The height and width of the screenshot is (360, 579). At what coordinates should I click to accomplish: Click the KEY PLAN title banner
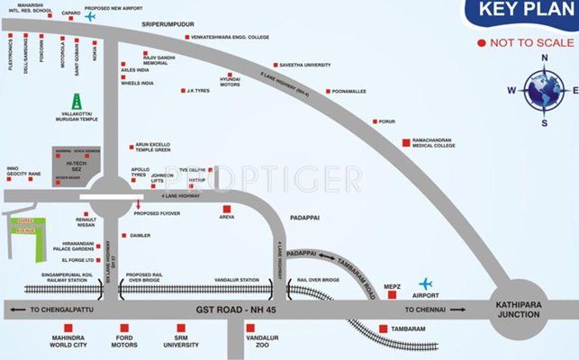pos(520,13)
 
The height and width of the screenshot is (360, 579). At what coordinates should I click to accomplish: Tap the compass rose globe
pos(545,89)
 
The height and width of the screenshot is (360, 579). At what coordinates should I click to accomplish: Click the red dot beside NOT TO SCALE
pos(483,43)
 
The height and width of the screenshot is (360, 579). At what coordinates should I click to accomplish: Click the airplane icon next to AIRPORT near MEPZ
pos(425,284)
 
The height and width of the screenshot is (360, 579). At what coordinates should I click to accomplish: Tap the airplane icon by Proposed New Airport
pos(89,15)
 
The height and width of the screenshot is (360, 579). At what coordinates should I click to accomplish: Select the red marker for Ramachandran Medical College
pos(406,141)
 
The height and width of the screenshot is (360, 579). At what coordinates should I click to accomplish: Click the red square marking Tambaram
pos(384,328)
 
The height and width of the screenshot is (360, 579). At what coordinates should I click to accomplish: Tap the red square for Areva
pos(226,209)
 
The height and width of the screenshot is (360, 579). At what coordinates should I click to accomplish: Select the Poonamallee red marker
pos(328,91)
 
